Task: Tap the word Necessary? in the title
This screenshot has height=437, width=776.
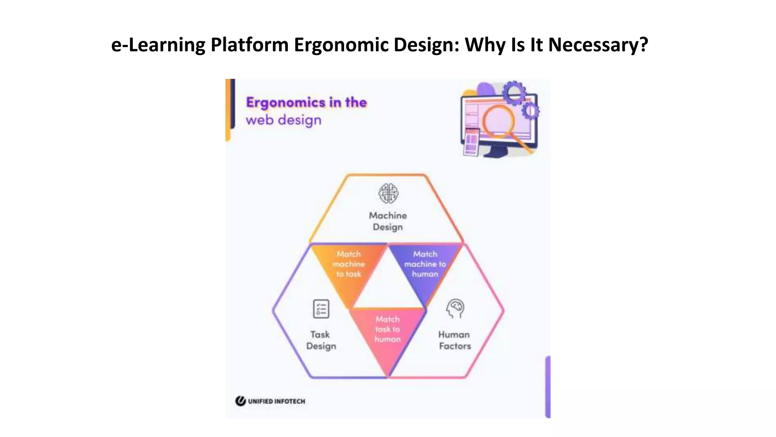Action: [x=598, y=45]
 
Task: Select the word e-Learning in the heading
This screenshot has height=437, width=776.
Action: [x=158, y=45]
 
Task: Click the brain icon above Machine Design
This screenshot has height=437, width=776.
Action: [x=388, y=193]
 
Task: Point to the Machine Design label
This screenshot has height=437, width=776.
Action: [x=388, y=221]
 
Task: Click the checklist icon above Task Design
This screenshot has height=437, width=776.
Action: [x=321, y=309]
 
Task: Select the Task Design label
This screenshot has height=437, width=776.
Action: [x=321, y=340]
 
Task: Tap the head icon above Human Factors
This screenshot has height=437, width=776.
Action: [x=455, y=308]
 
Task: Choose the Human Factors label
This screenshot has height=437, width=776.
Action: [x=455, y=340]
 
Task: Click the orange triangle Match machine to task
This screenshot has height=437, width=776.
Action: [x=349, y=267]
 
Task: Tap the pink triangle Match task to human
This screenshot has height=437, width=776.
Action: [x=388, y=334]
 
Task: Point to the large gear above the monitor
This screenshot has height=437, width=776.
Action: [x=514, y=92]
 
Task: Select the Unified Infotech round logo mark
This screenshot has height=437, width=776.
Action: [x=240, y=401]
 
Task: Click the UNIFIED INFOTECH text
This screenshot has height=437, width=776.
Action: [x=277, y=401]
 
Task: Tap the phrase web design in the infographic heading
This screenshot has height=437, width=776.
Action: [x=283, y=120]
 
